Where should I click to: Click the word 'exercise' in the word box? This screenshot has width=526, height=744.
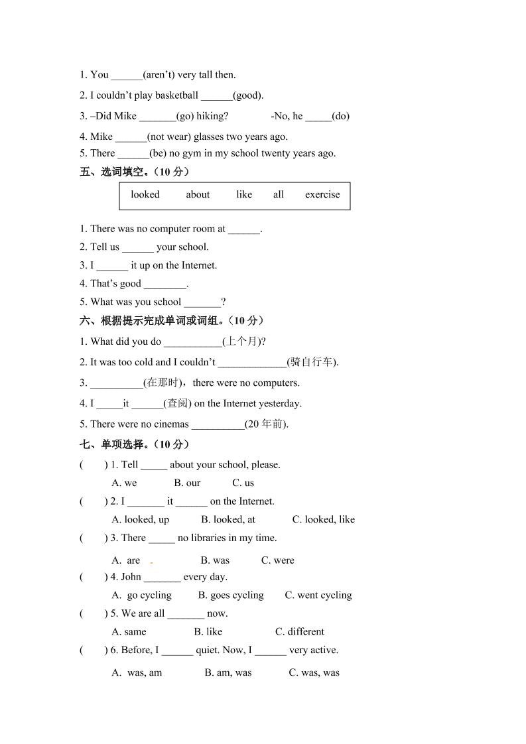tap(322, 194)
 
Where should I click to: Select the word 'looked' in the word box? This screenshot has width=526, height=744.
tap(145, 194)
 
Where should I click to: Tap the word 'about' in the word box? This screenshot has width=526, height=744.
tap(198, 194)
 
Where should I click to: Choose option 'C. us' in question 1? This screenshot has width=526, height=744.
tap(243, 483)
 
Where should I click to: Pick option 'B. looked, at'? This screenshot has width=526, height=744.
tap(228, 519)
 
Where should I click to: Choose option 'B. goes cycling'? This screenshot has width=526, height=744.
tap(231, 595)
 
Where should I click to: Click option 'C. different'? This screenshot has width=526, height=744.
tap(300, 631)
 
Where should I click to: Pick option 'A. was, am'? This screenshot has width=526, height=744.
tap(137, 672)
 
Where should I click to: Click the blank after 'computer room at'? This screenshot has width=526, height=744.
tap(243, 229)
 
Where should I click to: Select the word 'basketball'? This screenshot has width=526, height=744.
tap(167, 95)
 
